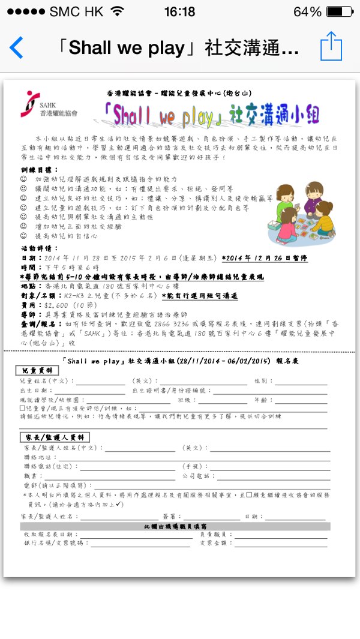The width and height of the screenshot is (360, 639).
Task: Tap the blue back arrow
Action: point(16,47)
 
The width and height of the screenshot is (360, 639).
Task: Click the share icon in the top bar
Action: point(331,46)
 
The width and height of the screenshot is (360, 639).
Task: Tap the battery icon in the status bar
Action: point(340,12)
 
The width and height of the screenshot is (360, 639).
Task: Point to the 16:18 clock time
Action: point(179,12)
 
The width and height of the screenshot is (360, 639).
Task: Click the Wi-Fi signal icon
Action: point(118,12)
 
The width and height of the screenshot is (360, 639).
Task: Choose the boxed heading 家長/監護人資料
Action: point(55,437)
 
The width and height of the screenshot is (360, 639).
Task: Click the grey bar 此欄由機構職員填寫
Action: point(175,526)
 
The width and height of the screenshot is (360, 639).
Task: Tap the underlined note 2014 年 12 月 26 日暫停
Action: point(264,257)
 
